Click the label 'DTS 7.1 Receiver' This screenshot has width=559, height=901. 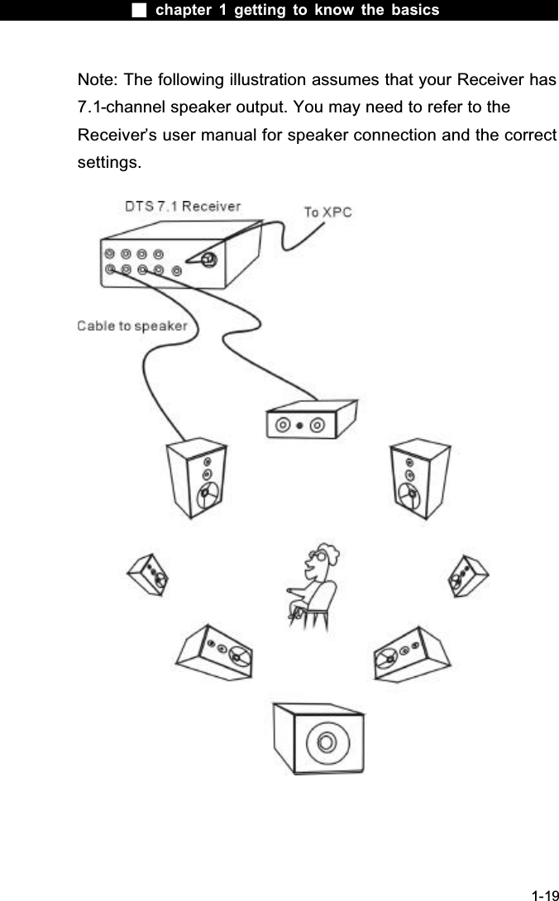183,206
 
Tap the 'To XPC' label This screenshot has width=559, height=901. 327,212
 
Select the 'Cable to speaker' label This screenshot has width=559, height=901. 132,326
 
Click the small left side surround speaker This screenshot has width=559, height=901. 148,573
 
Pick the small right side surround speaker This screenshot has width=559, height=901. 467,570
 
